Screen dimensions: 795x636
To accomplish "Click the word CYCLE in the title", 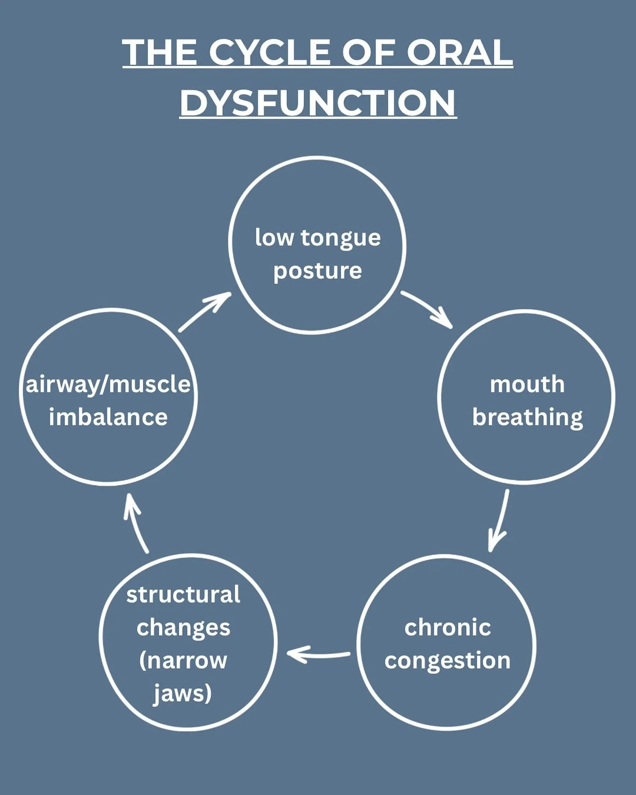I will coord(270,52).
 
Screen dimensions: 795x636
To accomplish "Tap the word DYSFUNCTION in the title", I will coord(318,102).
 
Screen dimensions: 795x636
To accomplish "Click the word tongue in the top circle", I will coord(341,238).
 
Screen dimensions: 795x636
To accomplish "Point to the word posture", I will coord(318,271).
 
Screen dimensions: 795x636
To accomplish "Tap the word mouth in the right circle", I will coord(527,384).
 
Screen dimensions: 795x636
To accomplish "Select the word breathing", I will coord(527,418).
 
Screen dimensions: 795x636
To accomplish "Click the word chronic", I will coord(448,627).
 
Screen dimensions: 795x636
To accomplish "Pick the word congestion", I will coord(448,661).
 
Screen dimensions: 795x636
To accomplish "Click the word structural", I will coord(183,594).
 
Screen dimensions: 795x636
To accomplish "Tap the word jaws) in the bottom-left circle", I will coord(183,693).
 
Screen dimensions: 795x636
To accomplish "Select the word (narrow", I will coord(183,660).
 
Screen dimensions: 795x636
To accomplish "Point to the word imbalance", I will coord(108,417).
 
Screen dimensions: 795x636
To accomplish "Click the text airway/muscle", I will coord(108,384).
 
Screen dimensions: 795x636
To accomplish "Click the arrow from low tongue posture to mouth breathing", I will coord(428,309).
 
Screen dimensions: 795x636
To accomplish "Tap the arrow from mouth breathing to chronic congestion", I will coord(499,520).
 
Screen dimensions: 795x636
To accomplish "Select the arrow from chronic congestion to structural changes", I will coord(318,654).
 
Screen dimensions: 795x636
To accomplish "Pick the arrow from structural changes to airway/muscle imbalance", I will coord(135,523).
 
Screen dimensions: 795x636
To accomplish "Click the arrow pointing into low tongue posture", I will coord(205,312).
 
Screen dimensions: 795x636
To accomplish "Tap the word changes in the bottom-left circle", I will coord(183,627).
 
